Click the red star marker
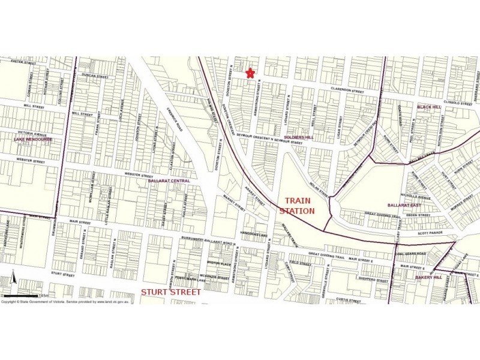251,73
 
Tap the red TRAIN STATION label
298,206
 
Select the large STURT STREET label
171,292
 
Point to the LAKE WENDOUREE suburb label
33,139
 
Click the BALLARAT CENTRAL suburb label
169,181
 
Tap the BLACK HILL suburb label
429,107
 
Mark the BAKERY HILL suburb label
428,278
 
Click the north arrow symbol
13,280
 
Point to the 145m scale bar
24,295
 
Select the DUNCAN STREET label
95,77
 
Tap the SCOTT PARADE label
413,233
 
